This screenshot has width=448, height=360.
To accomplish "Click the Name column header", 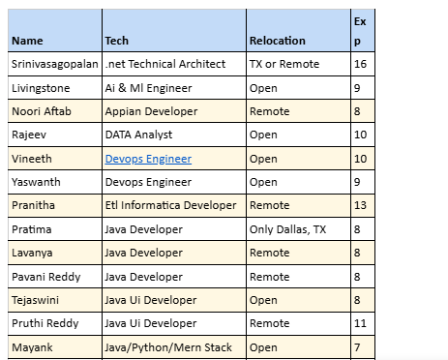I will coord(27,41).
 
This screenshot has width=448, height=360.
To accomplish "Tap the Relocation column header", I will coord(277,41).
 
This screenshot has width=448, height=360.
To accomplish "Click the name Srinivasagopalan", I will coord(54,64).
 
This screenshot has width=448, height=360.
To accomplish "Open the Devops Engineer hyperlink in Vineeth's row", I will coord(147,158).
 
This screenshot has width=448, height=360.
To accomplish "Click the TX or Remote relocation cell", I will coord(284,64).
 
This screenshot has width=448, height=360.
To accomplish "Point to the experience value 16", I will coord(360,64).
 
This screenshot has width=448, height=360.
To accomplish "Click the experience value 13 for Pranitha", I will coord(360,205).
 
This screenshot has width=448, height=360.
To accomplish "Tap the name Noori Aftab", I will coord(41,111).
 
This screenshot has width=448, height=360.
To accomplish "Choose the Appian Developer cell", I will coord(150,111).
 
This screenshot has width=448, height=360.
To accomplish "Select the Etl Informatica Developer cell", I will coord(170,205).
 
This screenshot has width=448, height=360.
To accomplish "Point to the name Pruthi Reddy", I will coord(44,323).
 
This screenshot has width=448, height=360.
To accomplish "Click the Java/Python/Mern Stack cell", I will coord(165,346).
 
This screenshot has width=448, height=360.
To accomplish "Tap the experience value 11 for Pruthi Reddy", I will coord(360,323).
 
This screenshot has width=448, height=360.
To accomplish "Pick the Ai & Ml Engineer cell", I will coord(149,87).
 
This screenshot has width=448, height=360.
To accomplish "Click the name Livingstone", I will coord(40,87).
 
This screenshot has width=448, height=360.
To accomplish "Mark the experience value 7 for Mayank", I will coord(358,346).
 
